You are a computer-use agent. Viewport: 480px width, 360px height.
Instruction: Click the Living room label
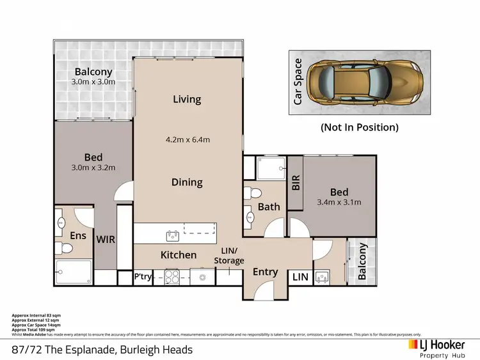pyautogui.click(x=187, y=99)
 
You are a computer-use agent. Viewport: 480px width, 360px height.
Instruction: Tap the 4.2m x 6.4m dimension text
pyautogui.click(x=187, y=139)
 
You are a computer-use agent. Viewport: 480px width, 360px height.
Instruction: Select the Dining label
pyautogui.click(x=187, y=182)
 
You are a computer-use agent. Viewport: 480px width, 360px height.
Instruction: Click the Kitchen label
pyautogui.click(x=179, y=254)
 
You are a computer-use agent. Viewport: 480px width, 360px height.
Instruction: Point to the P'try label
pyautogui.click(x=142, y=277)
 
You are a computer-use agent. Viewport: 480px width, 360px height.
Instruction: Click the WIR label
pyautogui.click(x=105, y=239)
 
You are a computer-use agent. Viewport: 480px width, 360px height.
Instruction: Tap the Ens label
pyautogui.click(x=77, y=235)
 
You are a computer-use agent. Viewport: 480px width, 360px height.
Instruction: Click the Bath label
pyautogui.click(x=269, y=207)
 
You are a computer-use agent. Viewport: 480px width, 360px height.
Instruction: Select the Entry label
pyautogui.click(x=265, y=272)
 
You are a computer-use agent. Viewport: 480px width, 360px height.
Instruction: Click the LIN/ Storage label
pyautogui.click(x=228, y=256)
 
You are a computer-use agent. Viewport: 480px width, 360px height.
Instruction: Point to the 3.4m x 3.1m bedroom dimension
pyautogui.click(x=339, y=203)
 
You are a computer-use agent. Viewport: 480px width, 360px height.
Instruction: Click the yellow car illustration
pyautogui.click(x=362, y=82)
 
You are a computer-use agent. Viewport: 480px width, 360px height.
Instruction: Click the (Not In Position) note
pyautogui.click(x=359, y=127)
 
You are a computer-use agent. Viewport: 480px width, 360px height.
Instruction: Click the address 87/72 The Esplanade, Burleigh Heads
pyautogui.click(x=102, y=350)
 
